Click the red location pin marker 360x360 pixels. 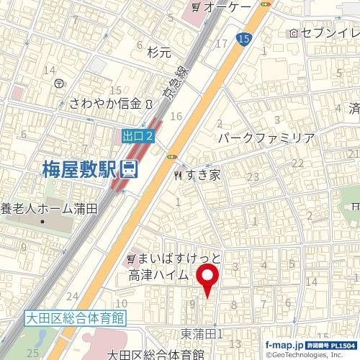click(x=209, y=279)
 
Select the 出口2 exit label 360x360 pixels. click(x=138, y=135)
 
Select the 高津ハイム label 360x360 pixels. click(x=158, y=274)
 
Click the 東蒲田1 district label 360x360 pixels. click(x=202, y=334)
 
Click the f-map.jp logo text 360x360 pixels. click(x=284, y=345)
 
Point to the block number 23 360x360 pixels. click(x=252, y=177)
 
